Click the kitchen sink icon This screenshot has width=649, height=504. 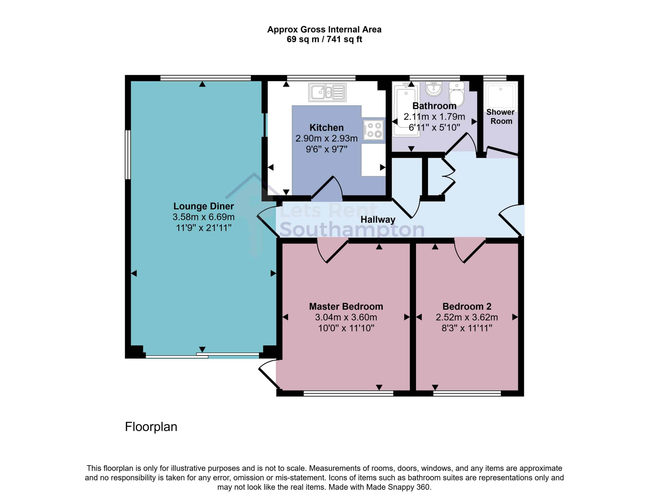pyautogui.click(x=327, y=92)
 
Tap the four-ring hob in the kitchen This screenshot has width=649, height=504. pyautogui.click(x=373, y=130)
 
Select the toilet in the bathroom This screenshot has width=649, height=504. pyautogui.click(x=456, y=94)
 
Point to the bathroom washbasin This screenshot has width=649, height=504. pyautogui.click(x=434, y=89)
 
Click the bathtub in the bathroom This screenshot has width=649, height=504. pyautogui.click(x=406, y=109)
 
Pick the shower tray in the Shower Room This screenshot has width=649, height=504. pyautogui.click(x=501, y=96)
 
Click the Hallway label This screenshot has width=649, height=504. pyautogui.click(x=378, y=219)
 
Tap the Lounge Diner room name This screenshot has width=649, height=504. pyautogui.click(x=204, y=206)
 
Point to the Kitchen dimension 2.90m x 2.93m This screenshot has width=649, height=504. pyautogui.click(x=327, y=138)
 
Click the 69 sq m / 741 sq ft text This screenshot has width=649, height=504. pyautogui.click(x=324, y=39)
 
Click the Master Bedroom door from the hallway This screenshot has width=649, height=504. pyautogui.click(x=332, y=250)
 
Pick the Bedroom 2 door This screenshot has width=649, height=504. pyautogui.click(x=470, y=250)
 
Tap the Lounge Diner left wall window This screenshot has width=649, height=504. pyautogui.click(x=128, y=155)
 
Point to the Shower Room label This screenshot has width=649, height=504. pyautogui.click(x=501, y=117)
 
